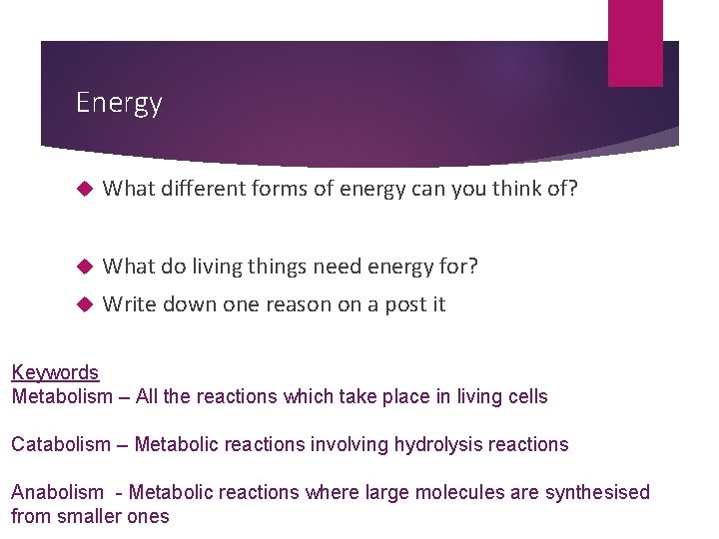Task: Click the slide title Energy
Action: (x=119, y=103)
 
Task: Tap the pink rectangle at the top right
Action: (x=635, y=42)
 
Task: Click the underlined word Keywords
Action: (x=55, y=372)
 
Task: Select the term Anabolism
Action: (x=57, y=492)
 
